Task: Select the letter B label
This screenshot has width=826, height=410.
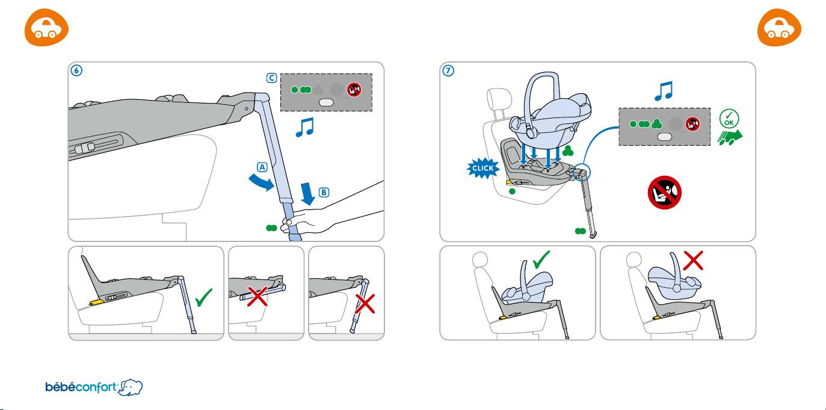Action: tap(324, 193)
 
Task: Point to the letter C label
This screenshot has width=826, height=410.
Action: tap(273, 78)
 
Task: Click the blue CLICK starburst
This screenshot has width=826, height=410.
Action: tap(482, 169)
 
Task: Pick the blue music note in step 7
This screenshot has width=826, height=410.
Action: tap(662, 90)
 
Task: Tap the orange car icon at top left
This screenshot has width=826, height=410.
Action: tap(46, 30)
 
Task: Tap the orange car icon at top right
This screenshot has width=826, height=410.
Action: tap(780, 30)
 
